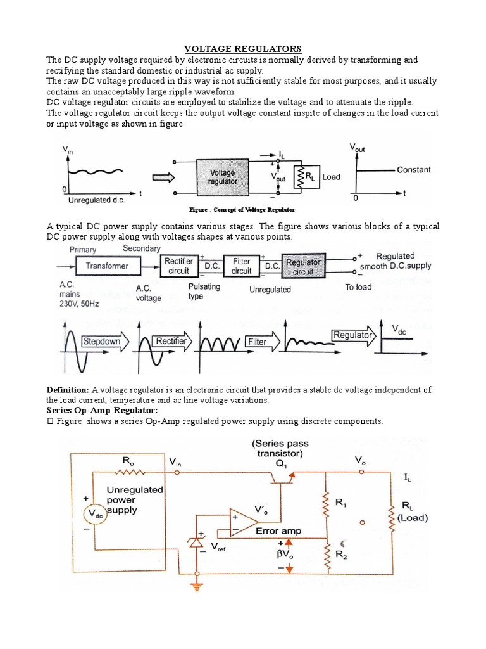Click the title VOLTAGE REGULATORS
click(243, 49)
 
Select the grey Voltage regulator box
click(223, 177)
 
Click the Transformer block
click(107, 266)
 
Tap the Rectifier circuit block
click(178, 266)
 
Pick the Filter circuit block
click(241, 266)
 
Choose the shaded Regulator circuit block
click(304, 266)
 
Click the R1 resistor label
click(341, 503)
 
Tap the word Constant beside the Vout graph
click(413, 170)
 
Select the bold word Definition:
click(68, 390)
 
